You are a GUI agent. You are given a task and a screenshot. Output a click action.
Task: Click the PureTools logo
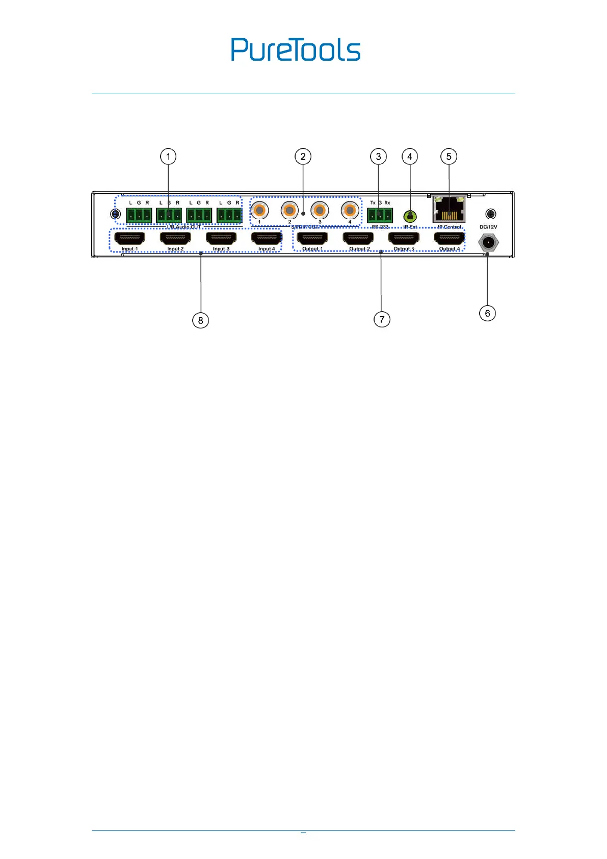(x=296, y=49)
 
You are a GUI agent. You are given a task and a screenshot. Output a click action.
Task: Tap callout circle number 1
(x=168, y=157)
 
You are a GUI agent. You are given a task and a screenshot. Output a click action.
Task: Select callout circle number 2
(x=303, y=157)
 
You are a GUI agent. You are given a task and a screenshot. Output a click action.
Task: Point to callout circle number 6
(x=487, y=313)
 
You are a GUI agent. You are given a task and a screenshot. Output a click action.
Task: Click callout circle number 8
(x=200, y=320)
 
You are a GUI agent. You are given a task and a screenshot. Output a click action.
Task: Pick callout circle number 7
(x=382, y=320)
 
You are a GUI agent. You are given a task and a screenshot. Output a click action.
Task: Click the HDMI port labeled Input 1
(x=129, y=238)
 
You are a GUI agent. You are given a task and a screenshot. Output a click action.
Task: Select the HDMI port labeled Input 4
(x=267, y=238)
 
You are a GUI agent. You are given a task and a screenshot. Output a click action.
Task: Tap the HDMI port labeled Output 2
(x=358, y=238)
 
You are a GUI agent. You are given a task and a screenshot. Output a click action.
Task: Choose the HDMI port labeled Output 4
(x=450, y=238)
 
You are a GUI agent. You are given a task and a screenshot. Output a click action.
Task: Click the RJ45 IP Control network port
(x=449, y=210)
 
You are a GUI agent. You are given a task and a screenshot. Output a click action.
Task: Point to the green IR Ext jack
(x=410, y=216)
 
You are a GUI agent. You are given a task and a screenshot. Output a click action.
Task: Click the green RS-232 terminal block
(x=380, y=215)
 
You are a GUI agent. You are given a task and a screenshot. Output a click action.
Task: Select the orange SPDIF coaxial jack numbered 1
(x=259, y=210)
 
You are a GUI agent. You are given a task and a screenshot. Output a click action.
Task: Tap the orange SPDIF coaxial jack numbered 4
(x=350, y=210)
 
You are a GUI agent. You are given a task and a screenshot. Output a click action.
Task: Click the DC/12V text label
(x=488, y=227)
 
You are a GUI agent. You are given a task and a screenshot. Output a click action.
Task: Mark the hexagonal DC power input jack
(x=488, y=242)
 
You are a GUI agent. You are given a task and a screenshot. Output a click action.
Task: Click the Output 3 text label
(x=404, y=249)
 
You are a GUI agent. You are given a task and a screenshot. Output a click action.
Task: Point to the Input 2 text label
(x=175, y=249)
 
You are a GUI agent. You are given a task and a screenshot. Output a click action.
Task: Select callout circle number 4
(x=410, y=157)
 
